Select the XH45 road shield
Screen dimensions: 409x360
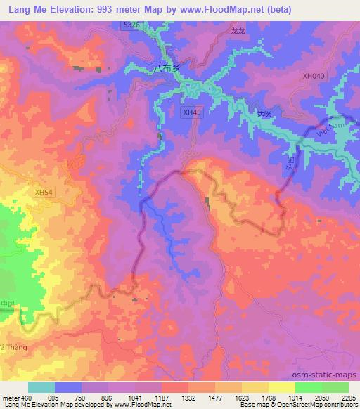[x=191, y=112]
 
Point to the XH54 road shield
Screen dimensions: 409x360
[x=44, y=192]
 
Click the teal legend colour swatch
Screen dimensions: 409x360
[x=41, y=387]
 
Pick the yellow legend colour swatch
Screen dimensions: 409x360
[x=281, y=387]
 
